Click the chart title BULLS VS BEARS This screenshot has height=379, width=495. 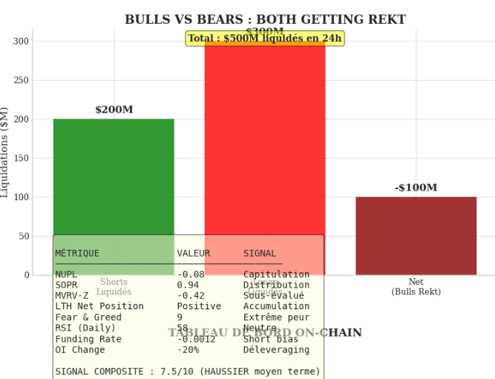[265, 19]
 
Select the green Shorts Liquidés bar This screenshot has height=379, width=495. [114, 178]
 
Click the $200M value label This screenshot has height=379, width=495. [114, 110]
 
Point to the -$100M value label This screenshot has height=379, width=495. [416, 188]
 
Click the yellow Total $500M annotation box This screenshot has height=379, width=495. [265, 39]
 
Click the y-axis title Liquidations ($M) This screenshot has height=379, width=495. [7, 152]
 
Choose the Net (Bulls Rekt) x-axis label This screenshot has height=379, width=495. [416, 287]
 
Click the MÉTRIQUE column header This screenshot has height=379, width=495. [77, 254]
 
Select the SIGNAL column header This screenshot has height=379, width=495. [260, 254]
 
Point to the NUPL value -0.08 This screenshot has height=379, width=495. [191, 274]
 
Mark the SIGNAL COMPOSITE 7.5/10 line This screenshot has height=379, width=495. [188, 372]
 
